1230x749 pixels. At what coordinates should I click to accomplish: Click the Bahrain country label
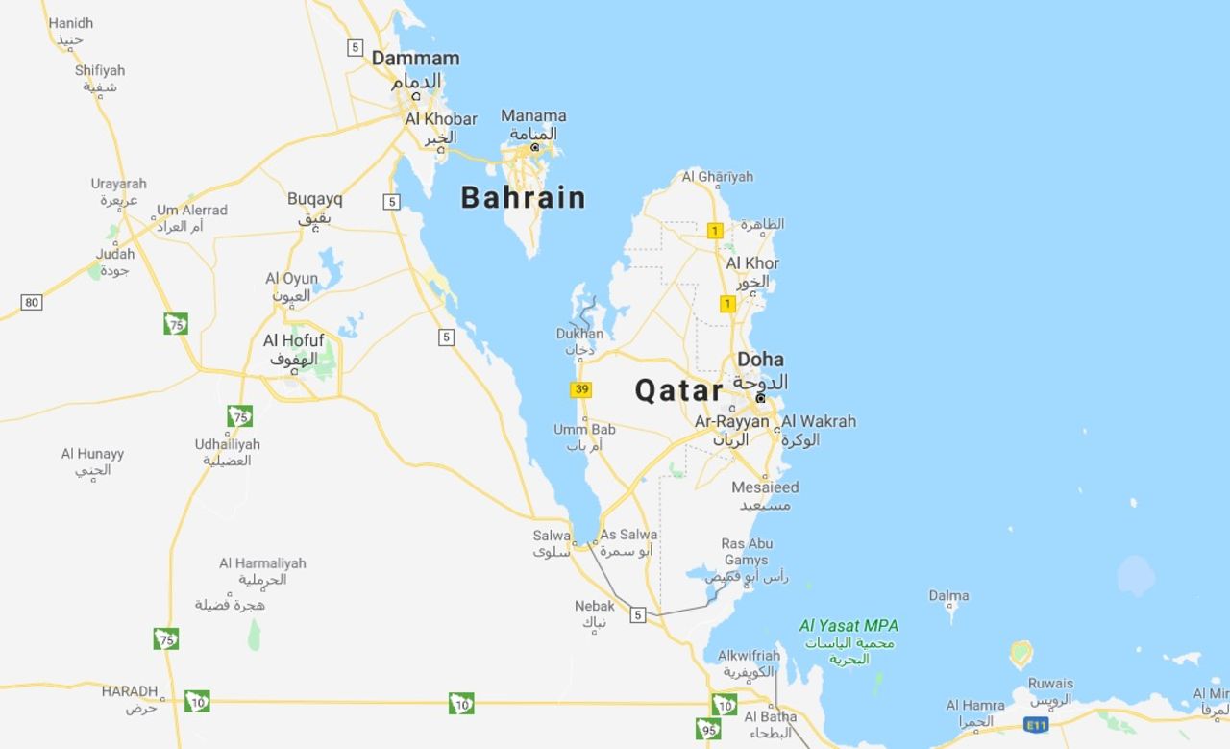pos(523,197)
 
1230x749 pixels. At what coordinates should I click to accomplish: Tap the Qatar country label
pos(678,389)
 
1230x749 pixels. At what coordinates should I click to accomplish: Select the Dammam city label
pos(415,58)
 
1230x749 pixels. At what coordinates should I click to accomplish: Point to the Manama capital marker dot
pos(535,147)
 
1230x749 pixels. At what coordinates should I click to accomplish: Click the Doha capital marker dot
pos(760,398)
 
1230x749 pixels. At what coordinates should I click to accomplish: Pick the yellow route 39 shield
pos(580,389)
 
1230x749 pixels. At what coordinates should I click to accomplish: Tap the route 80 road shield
pos(32,302)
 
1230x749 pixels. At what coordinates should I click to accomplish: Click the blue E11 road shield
pos(1035,725)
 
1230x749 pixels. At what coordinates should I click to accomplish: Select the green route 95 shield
pos(708,729)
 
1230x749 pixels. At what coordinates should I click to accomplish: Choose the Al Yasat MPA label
pos(849,626)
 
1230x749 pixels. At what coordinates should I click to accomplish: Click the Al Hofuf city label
pos(293,340)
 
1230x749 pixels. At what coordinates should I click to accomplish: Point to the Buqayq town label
pos(314,199)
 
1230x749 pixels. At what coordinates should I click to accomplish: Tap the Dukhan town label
pos(579,334)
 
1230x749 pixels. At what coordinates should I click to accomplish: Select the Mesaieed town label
pos(765,487)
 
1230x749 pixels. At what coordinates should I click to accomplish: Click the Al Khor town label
pos(752,263)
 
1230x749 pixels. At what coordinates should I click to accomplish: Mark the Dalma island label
pos(948,596)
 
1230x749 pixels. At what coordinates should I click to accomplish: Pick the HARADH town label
pos(130,690)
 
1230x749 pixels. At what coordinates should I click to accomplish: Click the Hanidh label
pos(70,23)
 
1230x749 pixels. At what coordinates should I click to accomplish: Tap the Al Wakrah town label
pos(818,421)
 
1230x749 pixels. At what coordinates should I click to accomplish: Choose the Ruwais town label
pos(1050,684)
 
